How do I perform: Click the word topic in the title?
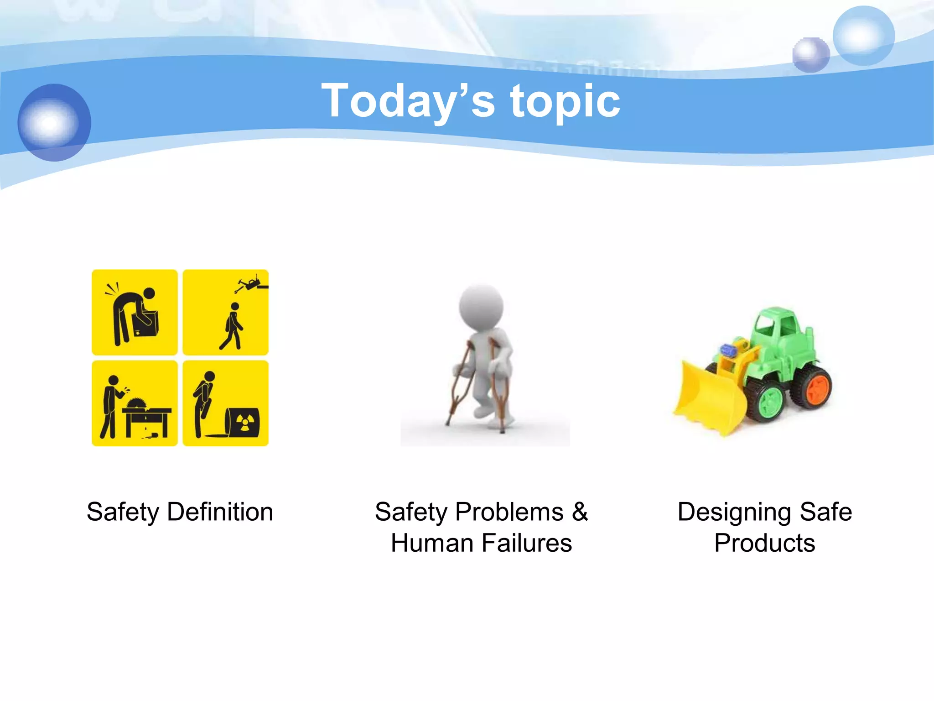[x=565, y=101]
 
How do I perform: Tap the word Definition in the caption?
[x=220, y=512]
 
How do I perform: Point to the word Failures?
[x=527, y=543]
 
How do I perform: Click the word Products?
[x=765, y=543]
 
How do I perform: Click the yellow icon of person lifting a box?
[x=135, y=312]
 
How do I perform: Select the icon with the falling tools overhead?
[x=226, y=312]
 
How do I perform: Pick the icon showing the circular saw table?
[x=135, y=403]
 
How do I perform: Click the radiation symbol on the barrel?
[x=245, y=422]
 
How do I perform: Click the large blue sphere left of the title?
[x=54, y=122]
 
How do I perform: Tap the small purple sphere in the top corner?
[x=811, y=55]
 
